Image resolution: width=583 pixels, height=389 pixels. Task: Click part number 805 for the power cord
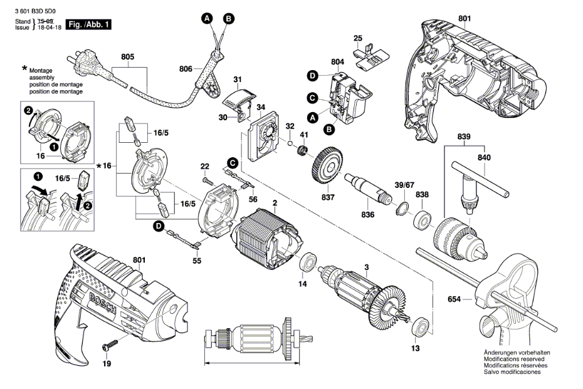click(x=128, y=57)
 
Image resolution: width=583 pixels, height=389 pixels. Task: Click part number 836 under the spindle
click(x=368, y=214)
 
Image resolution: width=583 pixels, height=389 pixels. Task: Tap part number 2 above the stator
click(x=274, y=202)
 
